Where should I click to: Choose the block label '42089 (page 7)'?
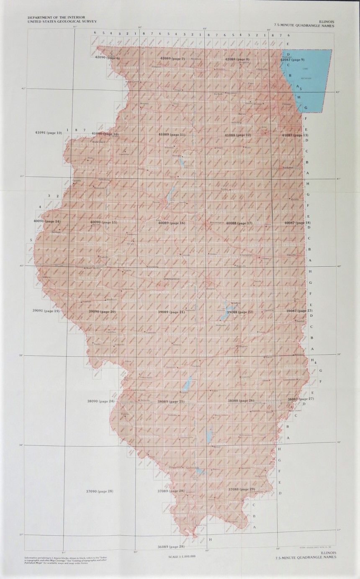click(x=172, y=59)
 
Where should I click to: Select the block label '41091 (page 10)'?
click(x=49, y=132)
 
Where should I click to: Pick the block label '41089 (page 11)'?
click(x=172, y=134)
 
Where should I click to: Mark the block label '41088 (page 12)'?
click(x=238, y=135)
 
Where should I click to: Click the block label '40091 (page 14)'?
click(x=47, y=221)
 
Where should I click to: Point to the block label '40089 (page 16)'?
click(x=171, y=223)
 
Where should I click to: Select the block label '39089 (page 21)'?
click(x=171, y=312)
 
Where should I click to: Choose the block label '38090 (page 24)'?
click(x=100, y=401)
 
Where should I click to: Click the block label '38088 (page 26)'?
click(x=241, y=401)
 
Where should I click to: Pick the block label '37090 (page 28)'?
click(x=100, y=491)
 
